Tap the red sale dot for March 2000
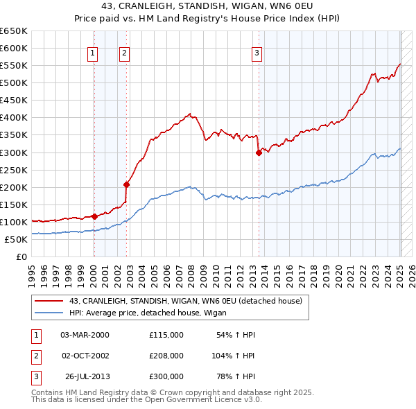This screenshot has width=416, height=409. click(94, 216)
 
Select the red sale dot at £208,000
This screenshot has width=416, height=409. click(127, 184)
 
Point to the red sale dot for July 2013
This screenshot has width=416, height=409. click(259, 153)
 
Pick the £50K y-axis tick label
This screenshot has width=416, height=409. click(16, 240)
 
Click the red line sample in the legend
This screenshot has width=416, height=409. click(49, 302)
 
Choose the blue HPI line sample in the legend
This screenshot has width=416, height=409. click(49, 313)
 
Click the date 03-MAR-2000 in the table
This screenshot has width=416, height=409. click(85, 335)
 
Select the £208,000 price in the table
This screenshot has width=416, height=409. click(166, 356)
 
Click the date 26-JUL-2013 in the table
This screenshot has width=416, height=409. click(87, 376)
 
